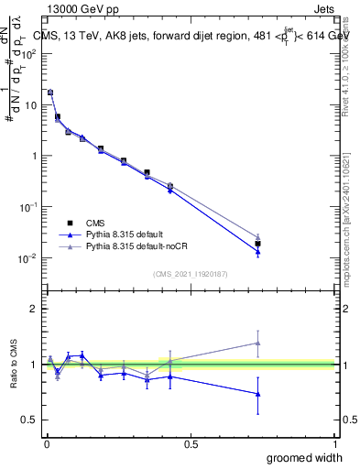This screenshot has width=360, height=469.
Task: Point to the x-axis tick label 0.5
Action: (x=191, y=443)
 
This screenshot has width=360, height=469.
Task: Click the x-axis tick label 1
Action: (x=334, y=443)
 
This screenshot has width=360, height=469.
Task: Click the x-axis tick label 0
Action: (x=47, y=443)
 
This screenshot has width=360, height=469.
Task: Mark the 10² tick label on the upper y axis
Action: (x=29, y=53)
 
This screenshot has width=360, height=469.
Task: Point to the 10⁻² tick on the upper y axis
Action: (x=29, y=258)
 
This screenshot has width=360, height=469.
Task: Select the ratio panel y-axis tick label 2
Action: (x=34, y=309)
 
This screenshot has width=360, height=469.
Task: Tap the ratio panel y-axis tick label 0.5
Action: (x=30, y=420)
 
